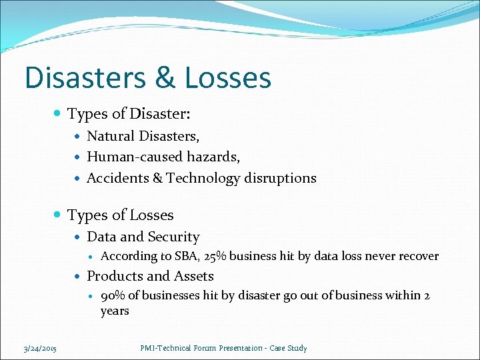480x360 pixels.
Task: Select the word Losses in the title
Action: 229,77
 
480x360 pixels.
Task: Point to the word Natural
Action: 111,136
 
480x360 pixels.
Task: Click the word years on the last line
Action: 115,311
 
